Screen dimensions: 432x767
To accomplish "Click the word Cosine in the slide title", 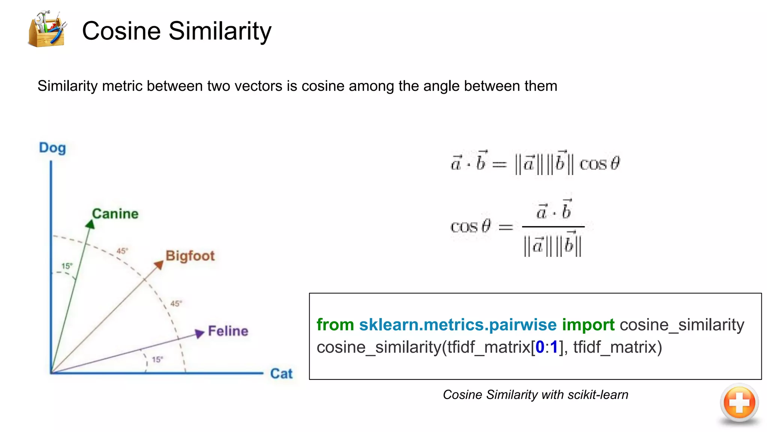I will (x=121, y=31).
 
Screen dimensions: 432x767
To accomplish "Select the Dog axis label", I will (x=52, y=148).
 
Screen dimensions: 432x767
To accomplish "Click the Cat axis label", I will (x=281, y=373).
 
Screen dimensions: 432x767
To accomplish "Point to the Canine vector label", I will (x=115, y=214).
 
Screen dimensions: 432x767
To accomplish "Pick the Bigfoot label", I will (x=190, y=256).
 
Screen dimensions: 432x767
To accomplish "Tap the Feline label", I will (x=228, y=331).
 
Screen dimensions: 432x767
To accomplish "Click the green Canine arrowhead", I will (x=90, y=224).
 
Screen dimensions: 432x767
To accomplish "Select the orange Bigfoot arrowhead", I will (x=159, y=265).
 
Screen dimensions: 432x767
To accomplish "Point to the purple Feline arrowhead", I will (x=200, y=333).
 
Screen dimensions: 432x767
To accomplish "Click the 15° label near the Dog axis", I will (x=67, y=266).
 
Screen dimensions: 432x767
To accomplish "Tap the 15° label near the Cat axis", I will (x=157, y=360).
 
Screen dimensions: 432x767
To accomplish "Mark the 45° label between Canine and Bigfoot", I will (x=122, y=251).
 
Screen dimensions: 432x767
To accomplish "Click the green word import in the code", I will (x=588, y=325).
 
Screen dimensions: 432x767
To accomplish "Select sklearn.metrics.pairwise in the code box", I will (x=458, y=325).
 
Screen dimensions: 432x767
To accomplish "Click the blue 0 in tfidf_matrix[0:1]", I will (x=540, y=347).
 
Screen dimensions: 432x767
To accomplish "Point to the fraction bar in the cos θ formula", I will (x=553, y=226).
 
